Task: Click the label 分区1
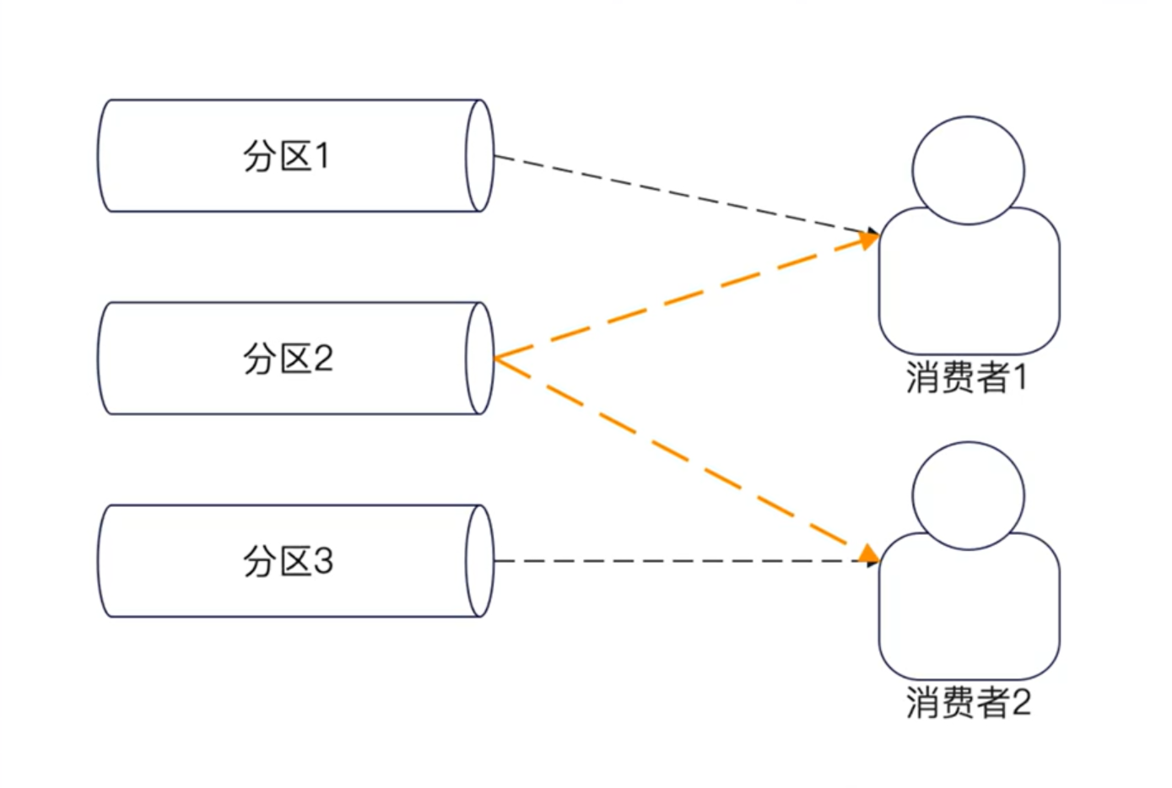pyautogui.click(x=286, y=156)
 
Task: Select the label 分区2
pyautogui.click(x=288, y=359)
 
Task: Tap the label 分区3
pyautogui.click(x=288, y=561)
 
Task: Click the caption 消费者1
pyautogui.click(x=967, y=377)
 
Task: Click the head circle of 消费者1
pyautogui.click(x=968, y=170)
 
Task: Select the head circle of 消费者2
pyautogui.click(x=968, y=495)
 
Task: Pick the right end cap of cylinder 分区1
pyautogui.click(x=479, y=156)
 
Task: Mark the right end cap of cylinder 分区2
pyautogui.click(x=479, y=359)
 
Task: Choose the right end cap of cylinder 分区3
pyautogui.click(x=479, y=561)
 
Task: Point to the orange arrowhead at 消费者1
pyautogui.click(x=868, y=240)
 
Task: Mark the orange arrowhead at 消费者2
pyautogui.click(x=867, y=553)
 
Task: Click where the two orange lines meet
pyautogui.click(x=496, y=359)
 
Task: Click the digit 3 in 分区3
pyautogui.click(x=323, y=561)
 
